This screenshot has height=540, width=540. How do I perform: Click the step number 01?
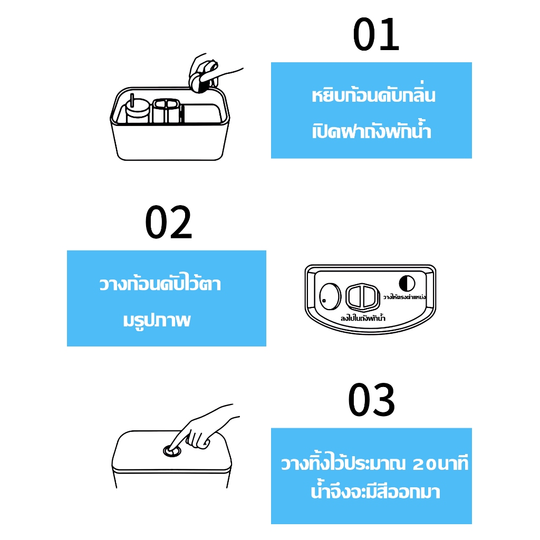[x=375, y=34]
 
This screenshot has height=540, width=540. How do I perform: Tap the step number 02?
[x=168, y=222]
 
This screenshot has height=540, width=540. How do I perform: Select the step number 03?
[x=371, y=400]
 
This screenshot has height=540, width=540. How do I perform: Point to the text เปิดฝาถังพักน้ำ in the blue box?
[x=372, y=130]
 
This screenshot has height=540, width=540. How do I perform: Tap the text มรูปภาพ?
[x=157, y=320]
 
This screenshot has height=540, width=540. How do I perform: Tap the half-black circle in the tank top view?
[x=407, y=283]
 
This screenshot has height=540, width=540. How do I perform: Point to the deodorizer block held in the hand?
[x=199, y=82]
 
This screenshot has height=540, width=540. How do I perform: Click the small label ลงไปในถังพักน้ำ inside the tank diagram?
[x=363, y=318]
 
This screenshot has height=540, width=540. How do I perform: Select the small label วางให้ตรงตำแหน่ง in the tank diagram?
[x=404, y=297]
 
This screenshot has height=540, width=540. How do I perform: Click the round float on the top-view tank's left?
[x=330, y=296]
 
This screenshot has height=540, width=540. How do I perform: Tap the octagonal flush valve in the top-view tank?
[x=362, y=297]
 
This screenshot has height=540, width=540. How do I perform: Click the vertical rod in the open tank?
[x=132, y=100]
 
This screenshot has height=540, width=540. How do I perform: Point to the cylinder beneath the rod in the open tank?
[x=138, y=111]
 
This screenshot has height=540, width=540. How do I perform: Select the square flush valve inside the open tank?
[x=166, y=110]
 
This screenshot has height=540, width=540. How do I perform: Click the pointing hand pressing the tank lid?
[x=201, y=430]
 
